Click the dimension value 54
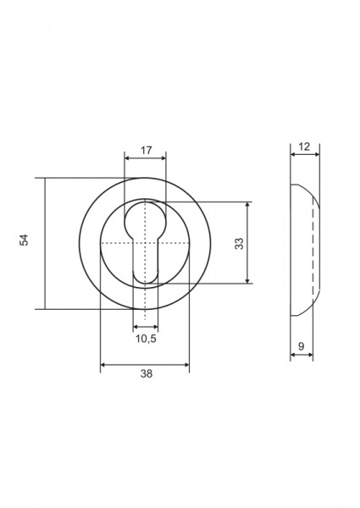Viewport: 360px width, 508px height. (x=25, y=240)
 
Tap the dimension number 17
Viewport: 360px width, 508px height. (x=147, y=151)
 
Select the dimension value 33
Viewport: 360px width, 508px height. (x=239, y=243)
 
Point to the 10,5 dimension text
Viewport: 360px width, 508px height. (x=146, y=339)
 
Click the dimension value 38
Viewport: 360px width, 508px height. (x=147, y=373)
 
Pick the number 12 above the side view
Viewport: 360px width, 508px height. (x=304, y=146)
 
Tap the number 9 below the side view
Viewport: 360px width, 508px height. (x=302, y=346)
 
